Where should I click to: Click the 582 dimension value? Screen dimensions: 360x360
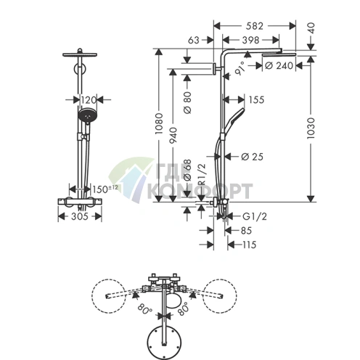pyautogui.click(x=254, y=26)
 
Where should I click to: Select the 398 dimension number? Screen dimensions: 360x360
pyautogui.click(x=250, y=40)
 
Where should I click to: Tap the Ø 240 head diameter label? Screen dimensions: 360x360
pyautogui.click(x=279, y=65)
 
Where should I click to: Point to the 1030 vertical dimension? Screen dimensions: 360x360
pyautogui.click(x=311, y=128)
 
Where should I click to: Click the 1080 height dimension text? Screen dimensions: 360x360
pyautogui.click(x=159, y=123)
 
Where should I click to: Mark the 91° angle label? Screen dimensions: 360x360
pyautogui.click(x=240, y=68)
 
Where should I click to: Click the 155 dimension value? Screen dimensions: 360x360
pyautogui.click(x=256, y=99)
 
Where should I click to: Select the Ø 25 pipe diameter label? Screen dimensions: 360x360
pyautogui.click(x=252, y=157)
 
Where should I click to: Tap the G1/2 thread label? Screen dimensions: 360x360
pyautogui.click(x=255, y=216)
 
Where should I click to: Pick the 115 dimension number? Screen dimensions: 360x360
pyautogui.click(x=249, y=245)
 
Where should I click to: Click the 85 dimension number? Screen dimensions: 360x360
pyautogui.click(x=246, y=231)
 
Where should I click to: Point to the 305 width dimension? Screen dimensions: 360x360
pyautogui.click(x=80, y=216)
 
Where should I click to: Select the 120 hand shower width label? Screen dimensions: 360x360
pyautogui.click(x=89, y=99)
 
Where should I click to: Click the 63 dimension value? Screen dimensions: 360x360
pyautogui.click(x=194, y=40)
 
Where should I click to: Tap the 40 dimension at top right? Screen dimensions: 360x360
pyautogui.click(x=311, y=28)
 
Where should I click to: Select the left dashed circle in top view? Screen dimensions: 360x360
pyautogui.click(x=109, y=296)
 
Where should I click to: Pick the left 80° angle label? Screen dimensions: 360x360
pyautogui.click(x=144, y=308)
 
